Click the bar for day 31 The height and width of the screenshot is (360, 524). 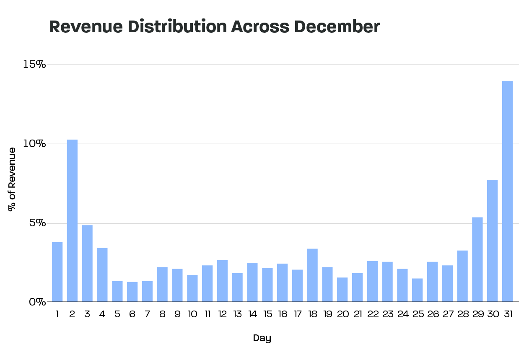point(507,191)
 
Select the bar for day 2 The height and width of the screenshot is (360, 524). point(72,220)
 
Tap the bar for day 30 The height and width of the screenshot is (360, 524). point(492,241)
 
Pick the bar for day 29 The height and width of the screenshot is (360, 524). point(477,259)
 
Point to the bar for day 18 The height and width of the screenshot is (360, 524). point(312,275)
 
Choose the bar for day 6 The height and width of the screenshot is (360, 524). point(132,292)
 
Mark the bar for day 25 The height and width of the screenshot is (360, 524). point(417,290)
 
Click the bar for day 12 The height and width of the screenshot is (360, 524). point(222,281)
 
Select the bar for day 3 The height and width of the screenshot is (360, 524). point(87,263)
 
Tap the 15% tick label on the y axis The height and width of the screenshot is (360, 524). point(34,65)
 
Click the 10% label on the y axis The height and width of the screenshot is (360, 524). point(34,144)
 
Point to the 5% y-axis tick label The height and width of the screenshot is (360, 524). point(37,223)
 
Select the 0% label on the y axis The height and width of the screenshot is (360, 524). point(37,302)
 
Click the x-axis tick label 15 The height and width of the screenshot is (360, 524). point(267,314)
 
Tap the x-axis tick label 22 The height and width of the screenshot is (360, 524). point(372,314)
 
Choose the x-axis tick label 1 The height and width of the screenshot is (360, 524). point(57,314)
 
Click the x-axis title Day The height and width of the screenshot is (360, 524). point(262,338)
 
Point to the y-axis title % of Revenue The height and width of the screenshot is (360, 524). point(12,179)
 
